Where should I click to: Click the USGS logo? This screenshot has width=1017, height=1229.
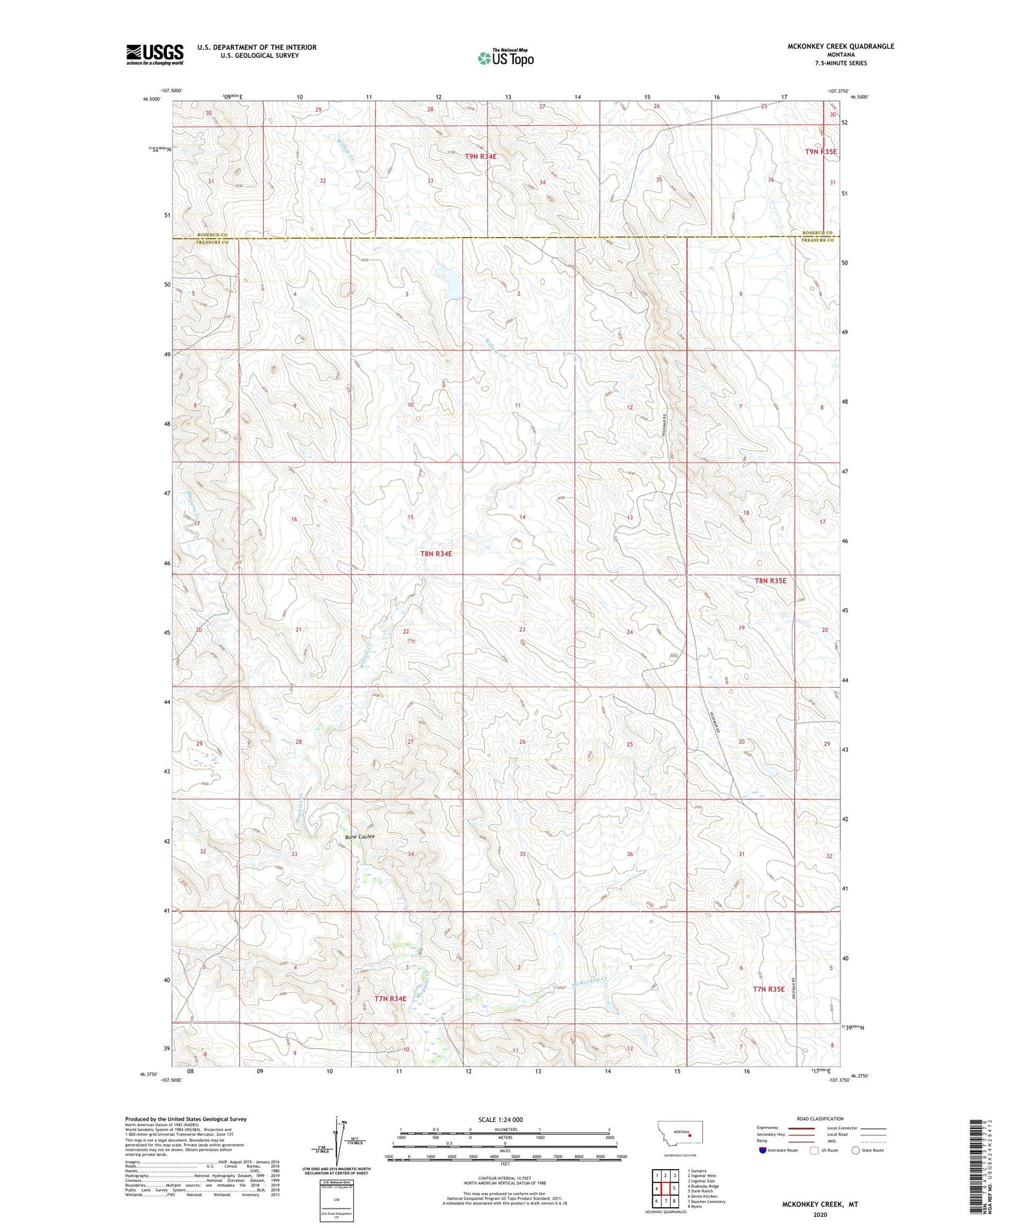[x=155, y=54]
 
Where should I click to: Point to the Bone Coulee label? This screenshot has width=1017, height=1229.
[x=360, y=836]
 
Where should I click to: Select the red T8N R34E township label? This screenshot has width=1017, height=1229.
[x=436, y=554]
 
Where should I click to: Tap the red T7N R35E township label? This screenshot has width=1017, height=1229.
[x=769, y=989]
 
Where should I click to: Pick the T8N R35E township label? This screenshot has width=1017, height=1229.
[x=770, y=581]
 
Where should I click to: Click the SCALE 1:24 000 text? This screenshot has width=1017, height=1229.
[x=500, y=1119]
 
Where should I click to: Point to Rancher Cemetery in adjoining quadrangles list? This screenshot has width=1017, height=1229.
[x=707, y=1201]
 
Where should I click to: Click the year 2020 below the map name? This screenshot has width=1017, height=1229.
[x=820, y=1214]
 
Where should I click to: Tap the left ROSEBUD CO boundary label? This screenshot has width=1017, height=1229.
[x=212, y=234]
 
